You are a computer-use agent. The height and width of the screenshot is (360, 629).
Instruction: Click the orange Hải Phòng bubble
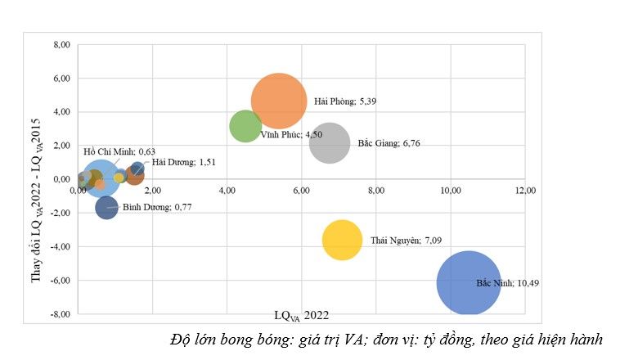pyautogui.click(x=279, y=101)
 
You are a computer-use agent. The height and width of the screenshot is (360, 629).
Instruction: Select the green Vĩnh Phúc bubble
pyautogui.click(x=245, y=126)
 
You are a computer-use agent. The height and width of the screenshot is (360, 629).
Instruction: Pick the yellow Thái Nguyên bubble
pyautogui.click(x=342, y=241)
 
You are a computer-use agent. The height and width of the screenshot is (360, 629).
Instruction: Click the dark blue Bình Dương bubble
pyautogui.click(x=106, y=207)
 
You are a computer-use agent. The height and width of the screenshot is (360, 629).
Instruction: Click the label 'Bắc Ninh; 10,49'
pyautogui.click(x=507, y=283)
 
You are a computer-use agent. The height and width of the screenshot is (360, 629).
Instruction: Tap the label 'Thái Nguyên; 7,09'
pyautogui.click(x=407, y=241)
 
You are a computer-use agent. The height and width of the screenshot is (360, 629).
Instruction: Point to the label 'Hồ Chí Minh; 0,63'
pyautogui.click(x=119, y=151)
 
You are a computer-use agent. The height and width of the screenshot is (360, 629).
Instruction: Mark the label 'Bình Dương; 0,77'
pyautogui.click(x=157, y=208)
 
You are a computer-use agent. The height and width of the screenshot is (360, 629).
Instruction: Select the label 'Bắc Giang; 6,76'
pyautogui.click(x=389, y=143)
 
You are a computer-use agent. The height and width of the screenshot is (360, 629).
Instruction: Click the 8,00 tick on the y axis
pyautogui.click(x=61, y=44)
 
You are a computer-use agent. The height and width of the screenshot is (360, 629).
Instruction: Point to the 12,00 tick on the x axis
pyautogui.click(x=524, y=190)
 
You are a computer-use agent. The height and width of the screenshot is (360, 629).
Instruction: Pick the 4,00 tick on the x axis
pyautogui.click(x=227, y=190)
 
